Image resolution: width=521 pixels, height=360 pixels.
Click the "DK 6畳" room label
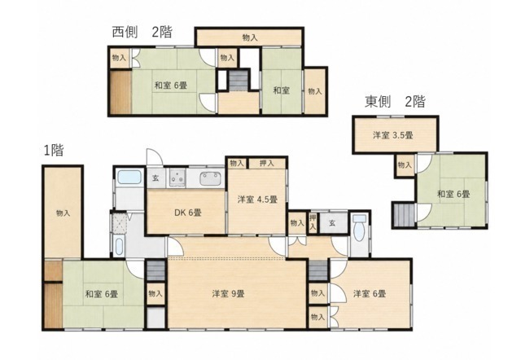point(188,213)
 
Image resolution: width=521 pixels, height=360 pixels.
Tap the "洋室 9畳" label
point(229,294)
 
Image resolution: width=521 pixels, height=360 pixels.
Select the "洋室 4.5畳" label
point(257,200)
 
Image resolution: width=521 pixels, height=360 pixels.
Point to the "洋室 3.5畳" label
point(393,135)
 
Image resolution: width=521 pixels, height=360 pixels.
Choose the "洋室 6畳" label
point(370,294)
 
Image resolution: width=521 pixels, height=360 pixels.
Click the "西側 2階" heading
point(142,33)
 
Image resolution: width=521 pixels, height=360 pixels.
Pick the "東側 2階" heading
point(395,101)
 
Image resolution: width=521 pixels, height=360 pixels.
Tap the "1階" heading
point(54,150)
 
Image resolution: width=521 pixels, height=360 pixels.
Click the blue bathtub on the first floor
point(129,177)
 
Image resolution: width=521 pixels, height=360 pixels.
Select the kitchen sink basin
point(210,178)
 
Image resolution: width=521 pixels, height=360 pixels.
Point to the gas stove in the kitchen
point(177,178)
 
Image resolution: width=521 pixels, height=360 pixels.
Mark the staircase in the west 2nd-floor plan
point(239,81)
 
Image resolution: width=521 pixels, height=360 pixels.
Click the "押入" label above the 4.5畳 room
point(266,163)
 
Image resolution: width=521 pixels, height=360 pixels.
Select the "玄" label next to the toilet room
point(332,223)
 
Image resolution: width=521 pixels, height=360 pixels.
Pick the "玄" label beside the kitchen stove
point(155,178)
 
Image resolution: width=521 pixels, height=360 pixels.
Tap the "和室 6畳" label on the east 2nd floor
point(453,194)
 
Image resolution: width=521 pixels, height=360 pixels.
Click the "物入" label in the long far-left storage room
point(63,213)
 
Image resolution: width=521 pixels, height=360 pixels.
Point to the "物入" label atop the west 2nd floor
point(250,37)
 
